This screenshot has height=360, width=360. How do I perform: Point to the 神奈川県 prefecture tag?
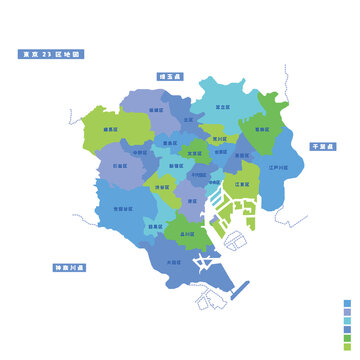coord(70,268)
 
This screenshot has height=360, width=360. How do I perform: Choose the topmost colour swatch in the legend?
coord(347,301)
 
